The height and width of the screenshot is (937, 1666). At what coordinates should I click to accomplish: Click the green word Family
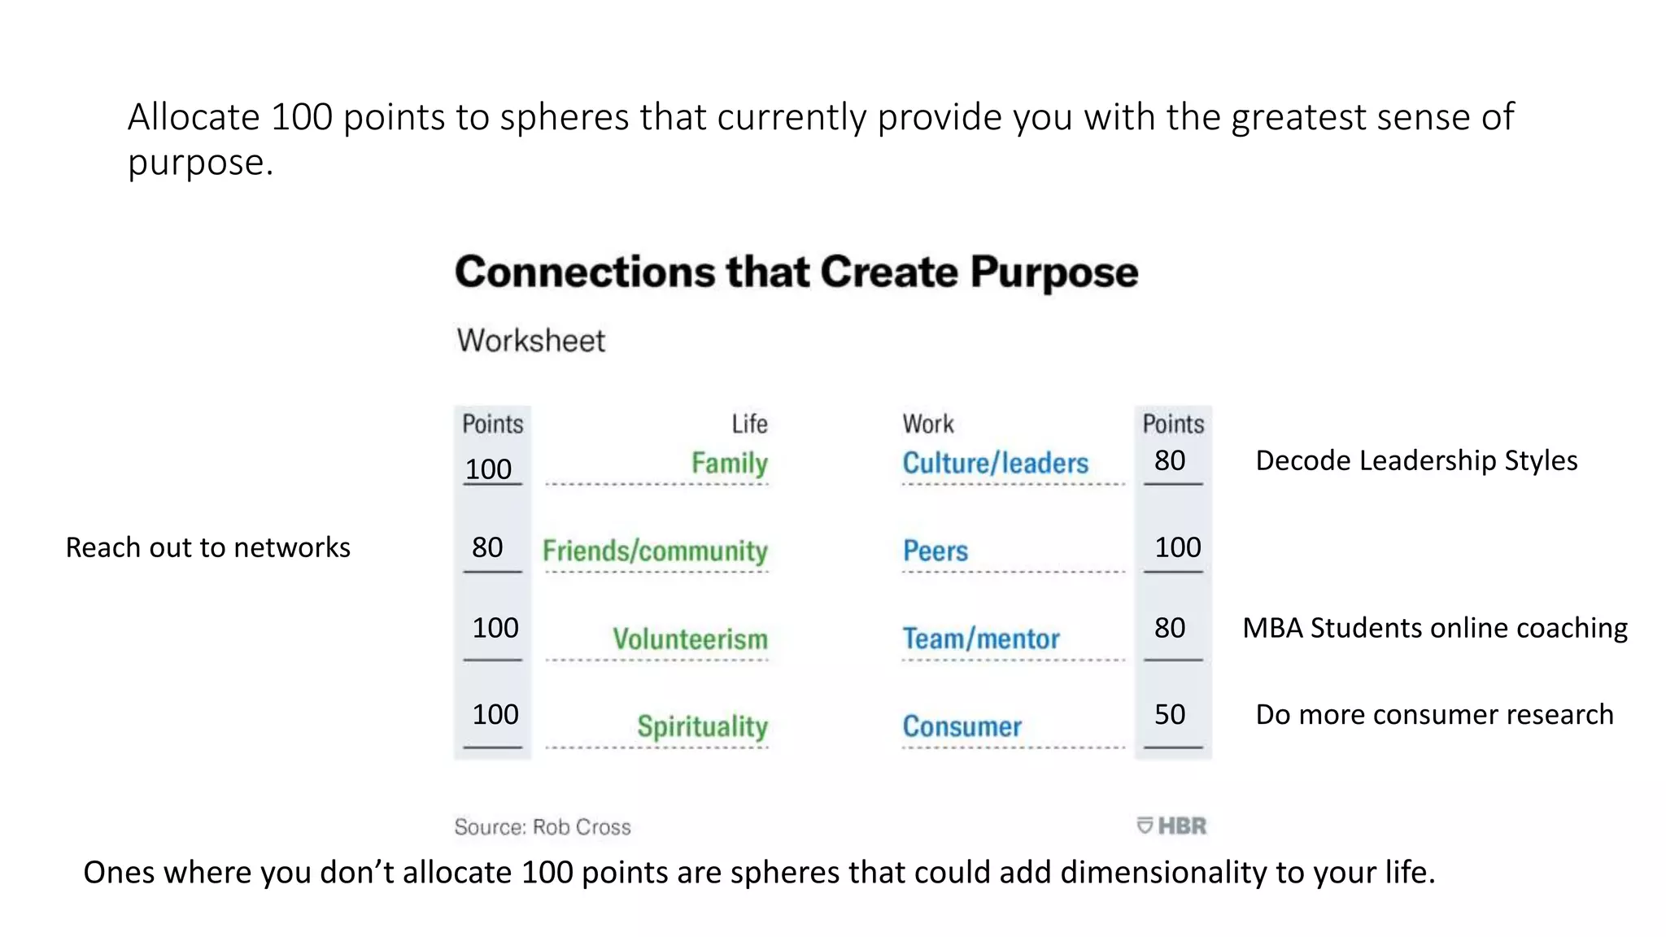(729, 463)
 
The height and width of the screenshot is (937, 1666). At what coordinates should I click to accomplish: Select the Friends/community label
(655, 551)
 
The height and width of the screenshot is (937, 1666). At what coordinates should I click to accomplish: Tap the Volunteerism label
(690, 638)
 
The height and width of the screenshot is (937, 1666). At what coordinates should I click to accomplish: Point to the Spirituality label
(702, 726)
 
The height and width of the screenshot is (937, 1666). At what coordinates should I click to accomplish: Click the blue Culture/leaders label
(995, 463)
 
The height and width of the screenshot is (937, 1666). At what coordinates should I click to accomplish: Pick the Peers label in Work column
(935, 551)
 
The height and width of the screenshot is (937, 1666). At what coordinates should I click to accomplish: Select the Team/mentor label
(981, 638)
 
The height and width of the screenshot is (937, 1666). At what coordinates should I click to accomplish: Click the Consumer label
(962, 726)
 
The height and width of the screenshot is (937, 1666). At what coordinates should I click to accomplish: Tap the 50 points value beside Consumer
(1170, 714)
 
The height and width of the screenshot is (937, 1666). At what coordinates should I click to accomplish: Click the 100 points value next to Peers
(1177, 547)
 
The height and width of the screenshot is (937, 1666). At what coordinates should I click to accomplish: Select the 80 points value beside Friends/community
(487, 547)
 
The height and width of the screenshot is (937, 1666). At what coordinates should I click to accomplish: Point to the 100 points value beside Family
(488, 468)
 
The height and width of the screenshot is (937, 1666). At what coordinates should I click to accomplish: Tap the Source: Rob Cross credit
(543, 826)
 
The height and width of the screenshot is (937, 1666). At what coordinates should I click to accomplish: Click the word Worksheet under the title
(530, 340)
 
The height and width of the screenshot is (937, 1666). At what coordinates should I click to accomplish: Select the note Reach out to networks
(207, 547)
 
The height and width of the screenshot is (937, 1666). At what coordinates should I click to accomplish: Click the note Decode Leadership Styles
(1416, 460)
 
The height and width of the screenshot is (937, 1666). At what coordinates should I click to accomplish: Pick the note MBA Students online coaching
(1435, 628)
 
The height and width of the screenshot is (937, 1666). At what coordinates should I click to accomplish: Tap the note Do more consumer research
(1434, 714)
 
